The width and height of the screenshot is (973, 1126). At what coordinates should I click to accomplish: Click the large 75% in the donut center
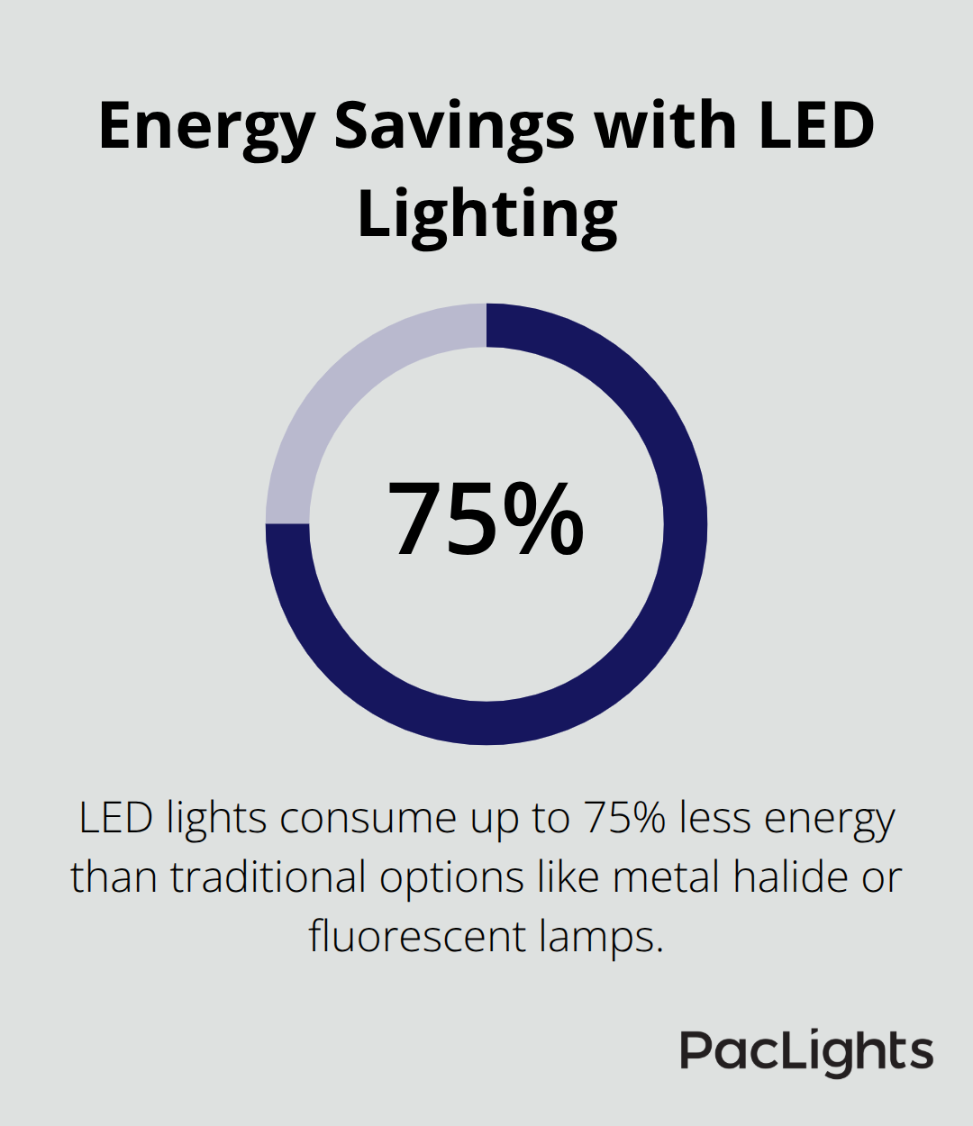click(x=486, y=520)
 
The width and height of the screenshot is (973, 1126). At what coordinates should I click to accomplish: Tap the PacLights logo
click(x=806, y=1051)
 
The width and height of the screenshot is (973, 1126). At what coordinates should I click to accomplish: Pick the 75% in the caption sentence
click(x=625, y=819)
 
